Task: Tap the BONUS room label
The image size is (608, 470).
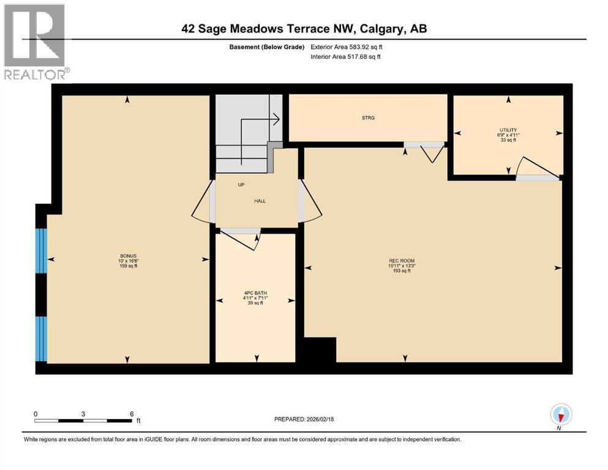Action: (128, 255)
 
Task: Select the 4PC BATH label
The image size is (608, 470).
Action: (256, 293)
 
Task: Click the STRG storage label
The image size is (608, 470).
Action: (368, 117)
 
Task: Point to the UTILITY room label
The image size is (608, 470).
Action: (507, 130)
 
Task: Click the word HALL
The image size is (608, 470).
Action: (260, 201)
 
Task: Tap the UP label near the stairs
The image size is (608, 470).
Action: (241, 184)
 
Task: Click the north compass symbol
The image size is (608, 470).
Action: (561, 416)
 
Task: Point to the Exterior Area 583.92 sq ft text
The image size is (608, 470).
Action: (350, 47)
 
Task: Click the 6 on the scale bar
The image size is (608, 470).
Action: (131, 413)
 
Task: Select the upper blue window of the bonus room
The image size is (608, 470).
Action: (40, 250)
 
